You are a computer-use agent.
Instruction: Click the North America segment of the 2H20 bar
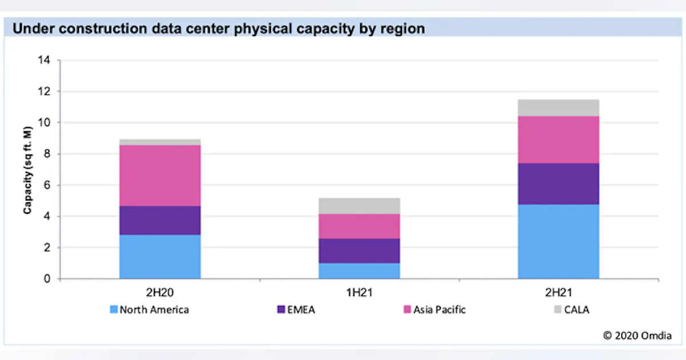160,257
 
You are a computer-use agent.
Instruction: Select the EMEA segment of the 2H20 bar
160,220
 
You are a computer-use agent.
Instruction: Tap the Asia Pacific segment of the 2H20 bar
160,175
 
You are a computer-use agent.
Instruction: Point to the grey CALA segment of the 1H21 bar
359,206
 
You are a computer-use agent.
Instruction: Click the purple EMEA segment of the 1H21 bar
359,250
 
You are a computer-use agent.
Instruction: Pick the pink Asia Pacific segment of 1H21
359,226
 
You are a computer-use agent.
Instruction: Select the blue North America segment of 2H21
558,241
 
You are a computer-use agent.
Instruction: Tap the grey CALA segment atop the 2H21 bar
558,107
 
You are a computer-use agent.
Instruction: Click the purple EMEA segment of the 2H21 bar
558,183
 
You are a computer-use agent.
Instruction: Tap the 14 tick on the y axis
45,60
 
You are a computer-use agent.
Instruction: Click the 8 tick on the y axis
47,154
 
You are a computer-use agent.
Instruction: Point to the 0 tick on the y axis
47,279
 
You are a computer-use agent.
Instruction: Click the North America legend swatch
114,310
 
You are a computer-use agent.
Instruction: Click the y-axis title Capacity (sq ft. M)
27,169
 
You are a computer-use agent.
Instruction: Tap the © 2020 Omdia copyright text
637,335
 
